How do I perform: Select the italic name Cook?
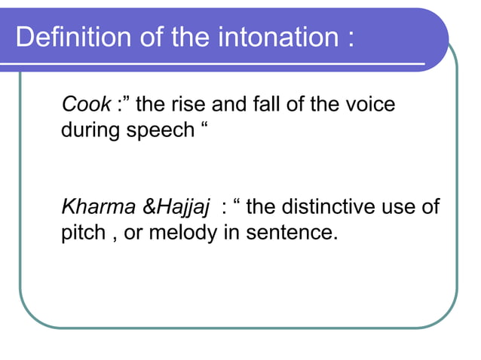[85, 105]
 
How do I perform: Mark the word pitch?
[83, 233]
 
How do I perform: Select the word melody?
[182, 233]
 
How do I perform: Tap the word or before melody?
[133, 233]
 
